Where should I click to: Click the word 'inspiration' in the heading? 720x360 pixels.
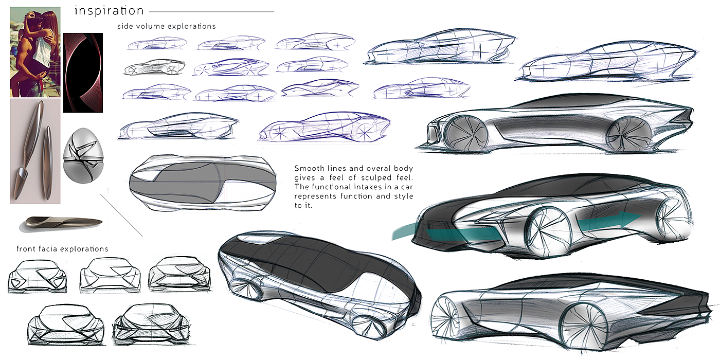point(109,11)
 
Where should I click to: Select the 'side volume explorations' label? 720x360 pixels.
point(166,26)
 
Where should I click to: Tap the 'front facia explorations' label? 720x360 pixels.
point(62,249)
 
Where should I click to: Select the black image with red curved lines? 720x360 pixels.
point(83,73)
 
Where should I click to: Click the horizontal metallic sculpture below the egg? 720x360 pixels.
point(61,222)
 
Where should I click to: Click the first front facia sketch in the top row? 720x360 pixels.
point(37,276)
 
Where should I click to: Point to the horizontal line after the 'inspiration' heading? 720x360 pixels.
point(211,11)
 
